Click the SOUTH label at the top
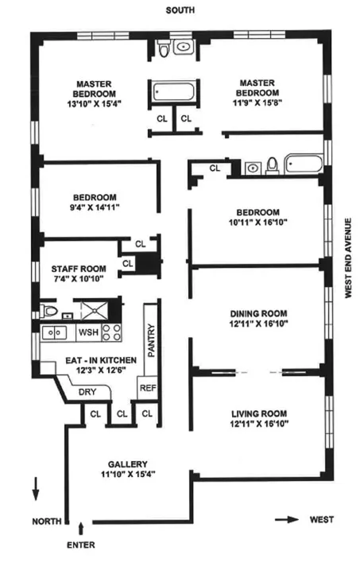180,10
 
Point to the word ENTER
81,545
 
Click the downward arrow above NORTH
36,489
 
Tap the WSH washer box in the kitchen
87,331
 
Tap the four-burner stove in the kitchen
111,332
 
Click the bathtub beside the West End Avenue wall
304,167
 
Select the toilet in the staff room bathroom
49,310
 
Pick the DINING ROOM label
258,313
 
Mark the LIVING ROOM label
258,413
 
